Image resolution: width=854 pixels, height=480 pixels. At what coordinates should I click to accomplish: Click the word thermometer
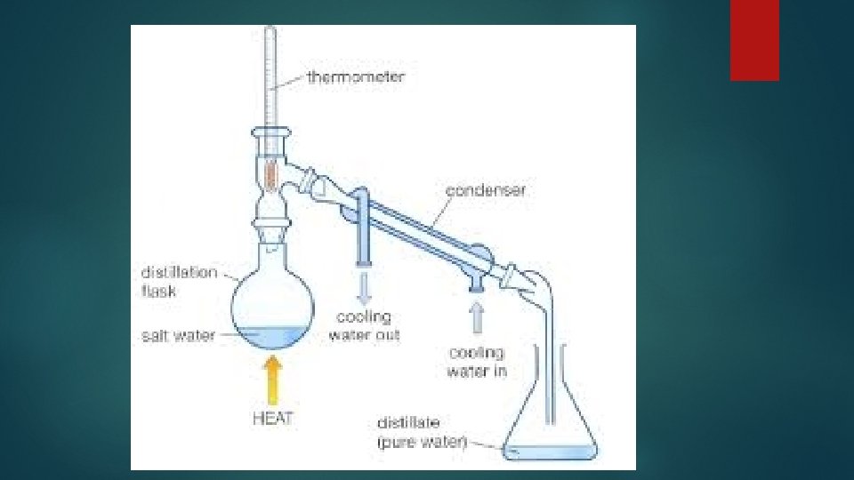click(x=355, y=77)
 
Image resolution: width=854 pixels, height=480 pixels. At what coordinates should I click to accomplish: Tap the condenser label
click(x=486, y=190)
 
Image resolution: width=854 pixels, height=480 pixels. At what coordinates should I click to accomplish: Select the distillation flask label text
click(x=178, y=281)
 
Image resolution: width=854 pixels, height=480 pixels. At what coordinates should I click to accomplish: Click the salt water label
click(x=178, y=337)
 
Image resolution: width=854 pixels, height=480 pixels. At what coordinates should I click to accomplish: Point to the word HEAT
click(x=272, y=419)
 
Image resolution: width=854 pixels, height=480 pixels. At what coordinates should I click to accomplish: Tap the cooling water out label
click(x=364, y=326)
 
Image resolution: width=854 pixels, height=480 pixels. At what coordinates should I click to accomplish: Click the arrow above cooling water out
click(x=364, y=286)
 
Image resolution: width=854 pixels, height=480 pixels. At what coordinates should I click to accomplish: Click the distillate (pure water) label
click(x=421, y=431)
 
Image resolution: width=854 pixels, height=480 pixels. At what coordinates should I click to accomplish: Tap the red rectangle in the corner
click(x=754, y=40)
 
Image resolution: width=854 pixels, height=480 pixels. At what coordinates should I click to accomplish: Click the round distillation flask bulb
click(x=271, y=302)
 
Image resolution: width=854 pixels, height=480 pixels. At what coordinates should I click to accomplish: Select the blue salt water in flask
click(x=272, y=339)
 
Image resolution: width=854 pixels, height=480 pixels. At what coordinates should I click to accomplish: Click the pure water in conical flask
click(x=552, y=452)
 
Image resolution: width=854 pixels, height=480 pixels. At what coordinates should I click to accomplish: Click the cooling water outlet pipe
click(x=364, y=240)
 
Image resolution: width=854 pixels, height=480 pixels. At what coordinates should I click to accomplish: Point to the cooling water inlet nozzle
click(x=479, y=281)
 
